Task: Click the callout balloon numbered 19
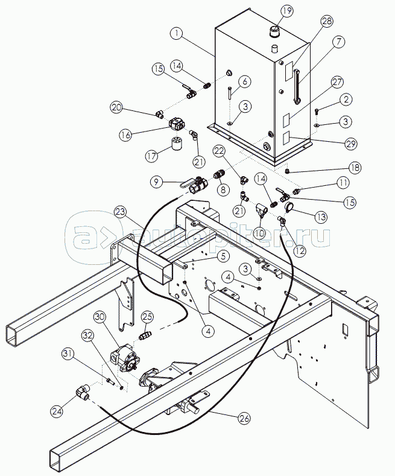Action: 286,11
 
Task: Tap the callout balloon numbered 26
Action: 244,418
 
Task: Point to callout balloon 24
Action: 57,411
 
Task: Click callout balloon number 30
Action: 100,317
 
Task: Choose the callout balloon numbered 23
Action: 121,212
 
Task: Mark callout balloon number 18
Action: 355,167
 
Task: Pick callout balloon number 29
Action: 351,144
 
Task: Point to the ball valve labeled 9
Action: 194,185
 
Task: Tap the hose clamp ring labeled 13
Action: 288,206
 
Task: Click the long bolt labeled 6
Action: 230,92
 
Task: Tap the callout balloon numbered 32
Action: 87,335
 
